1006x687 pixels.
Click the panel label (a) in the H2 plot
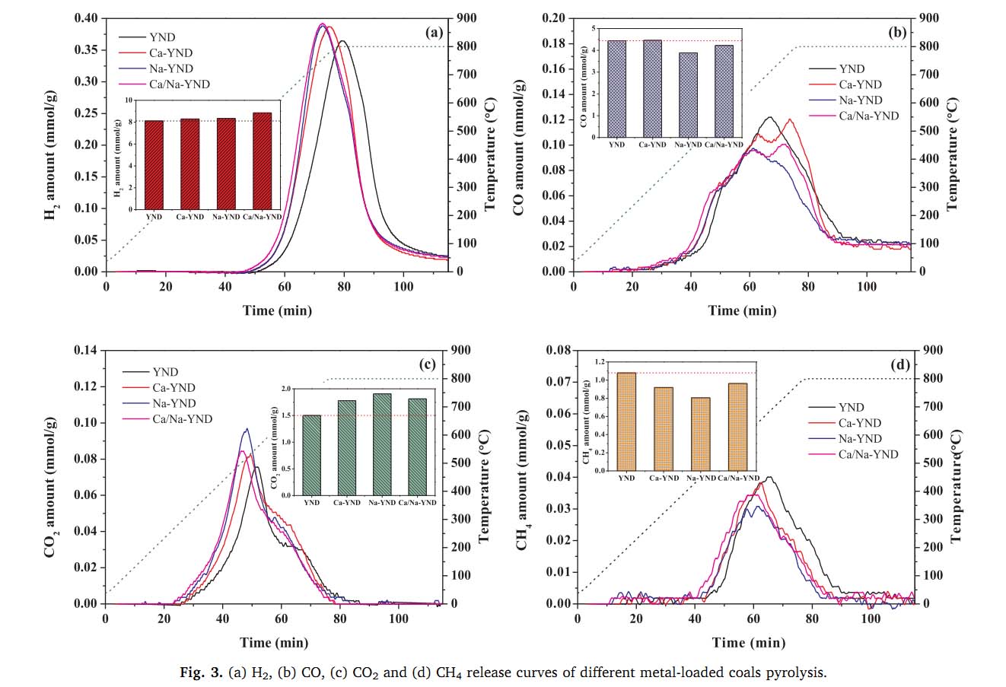[x=434, y=32]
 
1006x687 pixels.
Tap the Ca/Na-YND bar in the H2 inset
[x=262, y=161]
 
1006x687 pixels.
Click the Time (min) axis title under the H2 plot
[x=277, y=310]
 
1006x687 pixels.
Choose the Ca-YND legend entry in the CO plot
[x=860, y=84]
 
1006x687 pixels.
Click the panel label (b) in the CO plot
[x=898, y=32]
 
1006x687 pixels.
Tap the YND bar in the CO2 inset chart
[x=312, y=455]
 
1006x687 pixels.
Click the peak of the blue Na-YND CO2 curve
[x=246, y=430]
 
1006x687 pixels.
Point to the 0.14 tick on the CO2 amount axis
[x=86, y=350]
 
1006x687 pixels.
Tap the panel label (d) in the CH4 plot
[x=899, y=364]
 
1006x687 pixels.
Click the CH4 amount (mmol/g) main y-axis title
[x=524, y=479]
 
